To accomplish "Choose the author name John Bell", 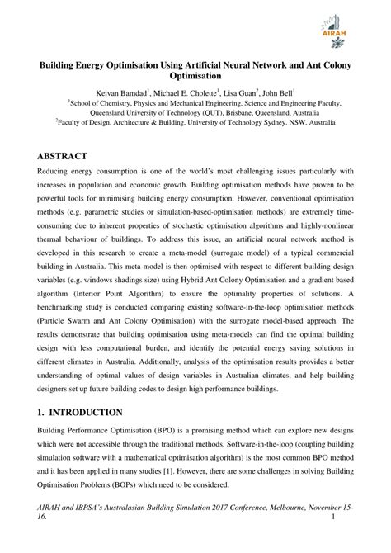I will (x=291, y=93).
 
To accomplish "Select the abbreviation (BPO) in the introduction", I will (x=161, y=432).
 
